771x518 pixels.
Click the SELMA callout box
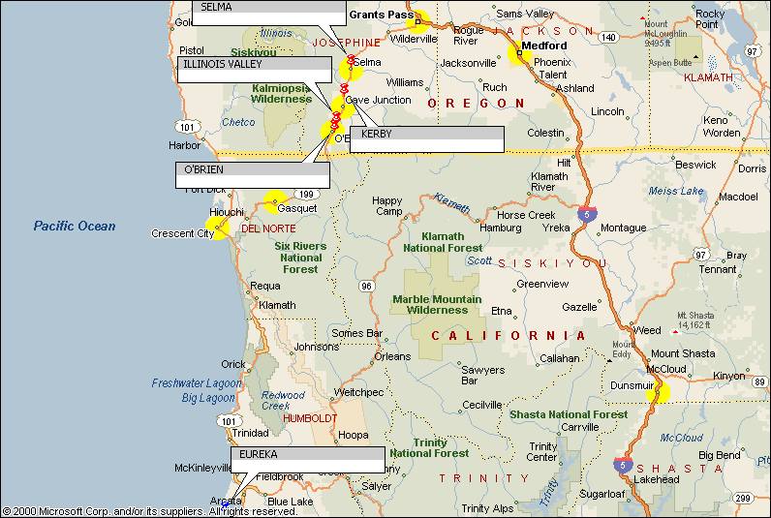coord(269,12)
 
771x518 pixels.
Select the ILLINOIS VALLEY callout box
coord(253,71)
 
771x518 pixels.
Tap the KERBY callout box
coord(426,138)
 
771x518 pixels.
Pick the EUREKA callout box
coord(307,459)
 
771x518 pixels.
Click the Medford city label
coord(544,46)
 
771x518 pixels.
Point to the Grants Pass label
coord(381,15)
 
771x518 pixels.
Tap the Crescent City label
coord(182,233)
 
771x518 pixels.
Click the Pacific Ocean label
coord(75,226)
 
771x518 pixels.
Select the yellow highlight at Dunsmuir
coord(660,392)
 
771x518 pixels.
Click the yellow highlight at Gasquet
coord(275,200)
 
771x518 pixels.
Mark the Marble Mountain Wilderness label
coord(437,305)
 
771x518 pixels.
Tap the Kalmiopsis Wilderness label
coord(281,92)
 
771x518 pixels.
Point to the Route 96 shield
coord(366,286)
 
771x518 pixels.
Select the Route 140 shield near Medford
coord(608,37)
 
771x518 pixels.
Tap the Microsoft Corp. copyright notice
coord(149,510)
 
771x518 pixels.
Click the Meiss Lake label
coord(676,191)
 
